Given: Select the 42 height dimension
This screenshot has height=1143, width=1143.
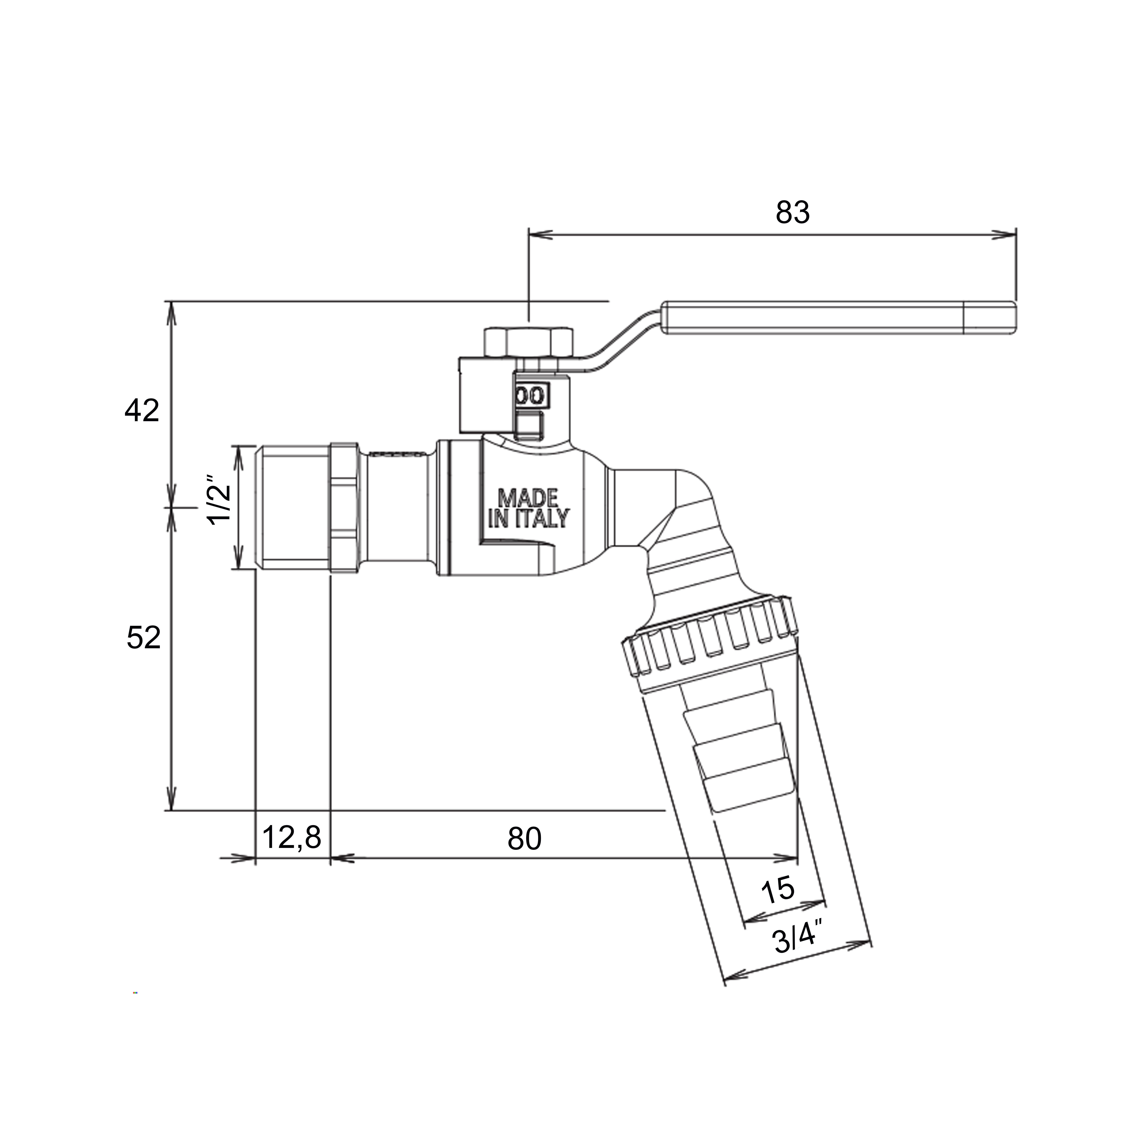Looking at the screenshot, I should (142, 411).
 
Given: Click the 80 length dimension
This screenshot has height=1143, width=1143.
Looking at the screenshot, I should (524, 839).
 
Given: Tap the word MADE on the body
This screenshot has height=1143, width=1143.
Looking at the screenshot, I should (528, 498).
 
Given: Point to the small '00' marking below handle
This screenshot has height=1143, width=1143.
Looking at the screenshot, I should (530, 395).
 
